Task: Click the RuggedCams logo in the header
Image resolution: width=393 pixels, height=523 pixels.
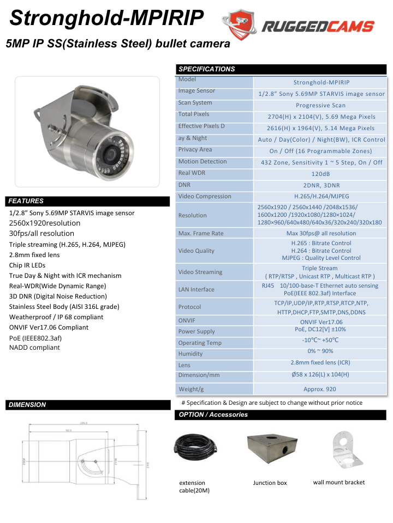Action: [x=298, y=26]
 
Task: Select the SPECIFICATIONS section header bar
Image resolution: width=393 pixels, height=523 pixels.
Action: [x=282, y=69]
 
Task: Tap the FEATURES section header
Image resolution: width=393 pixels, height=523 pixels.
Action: [x=88, y=201]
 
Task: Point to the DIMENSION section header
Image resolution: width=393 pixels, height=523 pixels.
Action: [x=88, y=405]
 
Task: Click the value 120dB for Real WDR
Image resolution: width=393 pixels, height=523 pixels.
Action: [x=320, y=174]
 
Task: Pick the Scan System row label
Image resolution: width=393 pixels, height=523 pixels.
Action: [x=195, y=102]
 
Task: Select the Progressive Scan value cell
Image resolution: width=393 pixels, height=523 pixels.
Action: [x=320, y=105]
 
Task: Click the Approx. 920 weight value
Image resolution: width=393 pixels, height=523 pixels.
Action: [x=320, y=389]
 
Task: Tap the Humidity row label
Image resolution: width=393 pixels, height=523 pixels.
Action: [x=190, y=354]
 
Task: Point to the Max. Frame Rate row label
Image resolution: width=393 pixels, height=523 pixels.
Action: [x=201, y=233]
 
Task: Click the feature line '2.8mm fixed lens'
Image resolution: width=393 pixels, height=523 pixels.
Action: [x=34, y=255]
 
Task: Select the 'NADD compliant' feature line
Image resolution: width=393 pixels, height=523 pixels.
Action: [x=34, y=348]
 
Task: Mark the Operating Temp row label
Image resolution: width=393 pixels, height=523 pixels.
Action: [x=200, y=343]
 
